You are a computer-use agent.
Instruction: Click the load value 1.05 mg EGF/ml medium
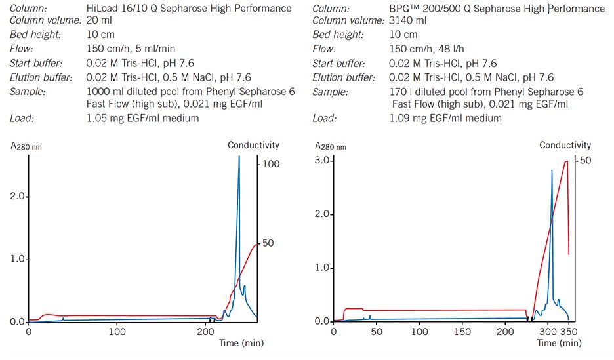tap(142, 119)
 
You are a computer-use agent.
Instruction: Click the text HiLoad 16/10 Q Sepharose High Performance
tap(189, 8)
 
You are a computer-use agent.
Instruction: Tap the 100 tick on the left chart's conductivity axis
tap(272, 164)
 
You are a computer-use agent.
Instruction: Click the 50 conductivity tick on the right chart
tap(586, 160)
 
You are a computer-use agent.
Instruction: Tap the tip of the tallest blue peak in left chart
tap(239, 156)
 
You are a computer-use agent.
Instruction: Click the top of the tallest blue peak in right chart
tap(552, 170)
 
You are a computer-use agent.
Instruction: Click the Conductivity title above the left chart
tap(253, 145)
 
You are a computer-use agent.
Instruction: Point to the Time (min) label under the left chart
tap(237, 343)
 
